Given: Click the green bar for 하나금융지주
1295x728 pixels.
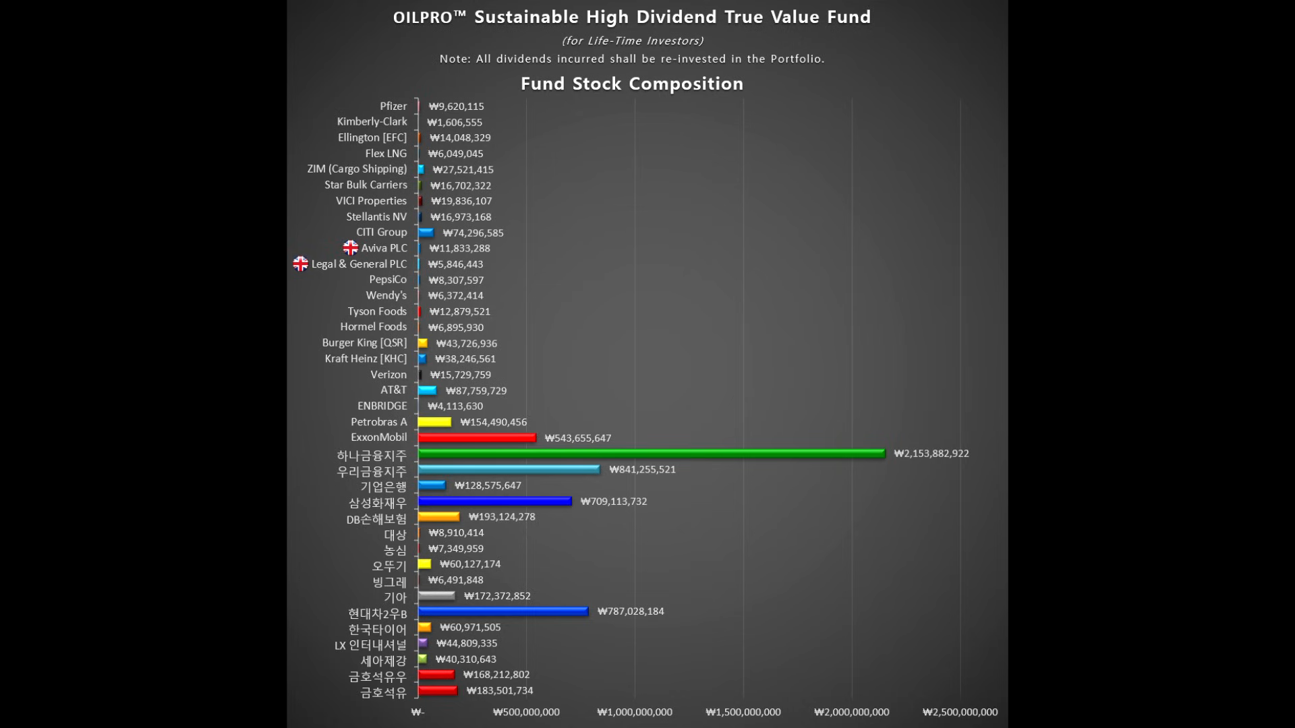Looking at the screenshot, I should (x=651, y=454).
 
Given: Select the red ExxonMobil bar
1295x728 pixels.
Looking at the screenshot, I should (x=477, y=438).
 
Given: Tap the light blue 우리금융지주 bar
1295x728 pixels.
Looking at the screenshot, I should (x=509, y=469).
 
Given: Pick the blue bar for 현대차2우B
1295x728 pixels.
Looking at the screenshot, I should (x=503, y=611).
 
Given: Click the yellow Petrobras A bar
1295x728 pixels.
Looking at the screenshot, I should (x=434, y=422).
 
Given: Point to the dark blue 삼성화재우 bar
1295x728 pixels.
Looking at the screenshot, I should (x=494, y=501).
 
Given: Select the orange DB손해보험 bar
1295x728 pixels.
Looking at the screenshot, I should (x=438, y=517).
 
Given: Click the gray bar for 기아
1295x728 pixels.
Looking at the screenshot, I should (x=436, y=596).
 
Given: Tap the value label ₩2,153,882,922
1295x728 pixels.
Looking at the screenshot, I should (x=931, y=454).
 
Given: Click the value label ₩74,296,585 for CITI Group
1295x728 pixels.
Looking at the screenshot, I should (x=473, y=233).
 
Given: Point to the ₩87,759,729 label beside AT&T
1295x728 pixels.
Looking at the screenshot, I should (x=476, y=391).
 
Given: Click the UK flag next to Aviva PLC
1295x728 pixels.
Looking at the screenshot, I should (x=351, y=248).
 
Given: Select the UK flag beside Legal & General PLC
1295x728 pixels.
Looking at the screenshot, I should (x=300, y=264).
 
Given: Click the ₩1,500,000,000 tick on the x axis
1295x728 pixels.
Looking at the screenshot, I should (x=743, y=712).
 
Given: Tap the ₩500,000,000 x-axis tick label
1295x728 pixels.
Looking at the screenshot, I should (x=526, y=712).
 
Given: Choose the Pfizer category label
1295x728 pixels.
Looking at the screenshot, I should (x=393, y=107).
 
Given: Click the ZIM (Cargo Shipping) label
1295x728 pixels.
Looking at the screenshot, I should (x=357, y=169).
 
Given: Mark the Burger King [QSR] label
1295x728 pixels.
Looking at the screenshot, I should (x=364, y=343).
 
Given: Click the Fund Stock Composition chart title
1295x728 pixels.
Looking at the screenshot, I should (x=632, y=84).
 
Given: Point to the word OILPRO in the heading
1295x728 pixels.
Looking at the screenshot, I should (x=423, y=18).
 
